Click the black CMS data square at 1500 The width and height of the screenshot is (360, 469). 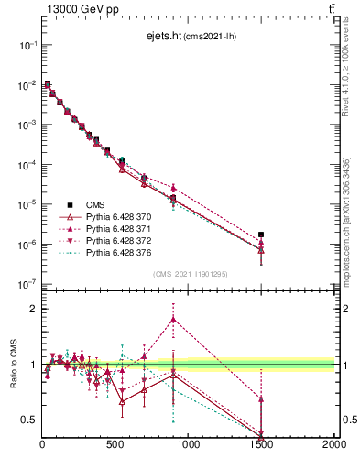click(x=261, y=234)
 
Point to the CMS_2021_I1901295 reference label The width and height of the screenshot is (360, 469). click(x=190, y=275)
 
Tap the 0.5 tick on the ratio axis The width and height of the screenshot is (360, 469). click(x=29, y=420)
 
